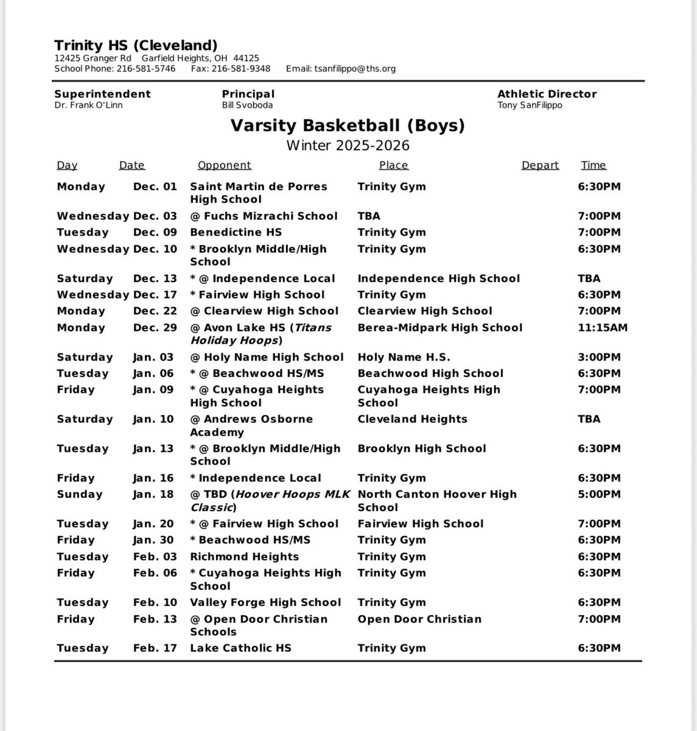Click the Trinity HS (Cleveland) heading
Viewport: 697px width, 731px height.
(x=136, y=45)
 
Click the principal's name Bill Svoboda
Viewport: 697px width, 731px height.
(x=247, y=105)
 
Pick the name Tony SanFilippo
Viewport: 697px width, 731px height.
(x=530, y=105)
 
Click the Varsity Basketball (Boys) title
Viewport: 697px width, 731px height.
(x=348, y=126)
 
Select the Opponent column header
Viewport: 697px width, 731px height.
(x=224, y=165)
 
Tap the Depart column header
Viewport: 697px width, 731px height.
(x=540, y=165)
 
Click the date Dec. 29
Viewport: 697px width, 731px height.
(x=155, y=328)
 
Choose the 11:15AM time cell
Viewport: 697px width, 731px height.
(x=603, y=328)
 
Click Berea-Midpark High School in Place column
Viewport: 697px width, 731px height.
(x=440, y=328)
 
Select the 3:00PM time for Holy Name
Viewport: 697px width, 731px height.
(x=599, y=358)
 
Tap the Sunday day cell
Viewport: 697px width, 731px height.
(x=80, y=495)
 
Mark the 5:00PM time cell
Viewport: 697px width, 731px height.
(x=599, y=495)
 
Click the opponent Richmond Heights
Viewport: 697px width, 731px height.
(x=244, y=557)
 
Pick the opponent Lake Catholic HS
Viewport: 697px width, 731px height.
(x=240, y=648)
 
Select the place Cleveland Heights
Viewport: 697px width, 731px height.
(x=412, y=419)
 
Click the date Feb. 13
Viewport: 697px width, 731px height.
(x=155, y=619)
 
